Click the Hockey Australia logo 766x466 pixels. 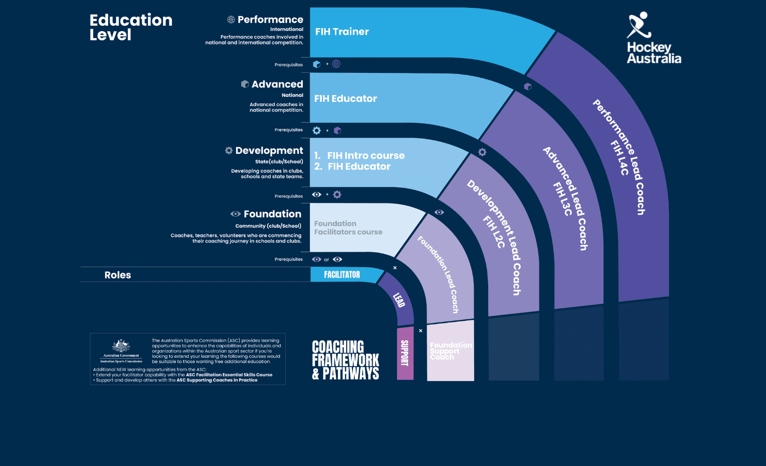click(653, 38)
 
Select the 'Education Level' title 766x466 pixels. click(130, 27)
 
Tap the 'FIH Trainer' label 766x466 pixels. click(342, 32)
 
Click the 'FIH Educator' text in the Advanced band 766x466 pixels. click(345, 98)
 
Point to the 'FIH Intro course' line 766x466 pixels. click(365, 155)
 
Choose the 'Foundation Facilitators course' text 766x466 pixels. click(348, 228)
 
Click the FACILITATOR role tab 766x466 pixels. click(342, 275)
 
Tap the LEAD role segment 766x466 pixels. click(399, 300)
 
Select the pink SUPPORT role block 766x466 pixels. click(405, 353)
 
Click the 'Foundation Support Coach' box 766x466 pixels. click(450, 351)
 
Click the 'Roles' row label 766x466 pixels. click(117, 275)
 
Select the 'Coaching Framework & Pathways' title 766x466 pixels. click(345, 360)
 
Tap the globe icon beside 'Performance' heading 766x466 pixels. click(231, 20)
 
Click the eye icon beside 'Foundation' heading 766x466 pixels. click(235, 214)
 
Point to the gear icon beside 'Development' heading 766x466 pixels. click(229, 150)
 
